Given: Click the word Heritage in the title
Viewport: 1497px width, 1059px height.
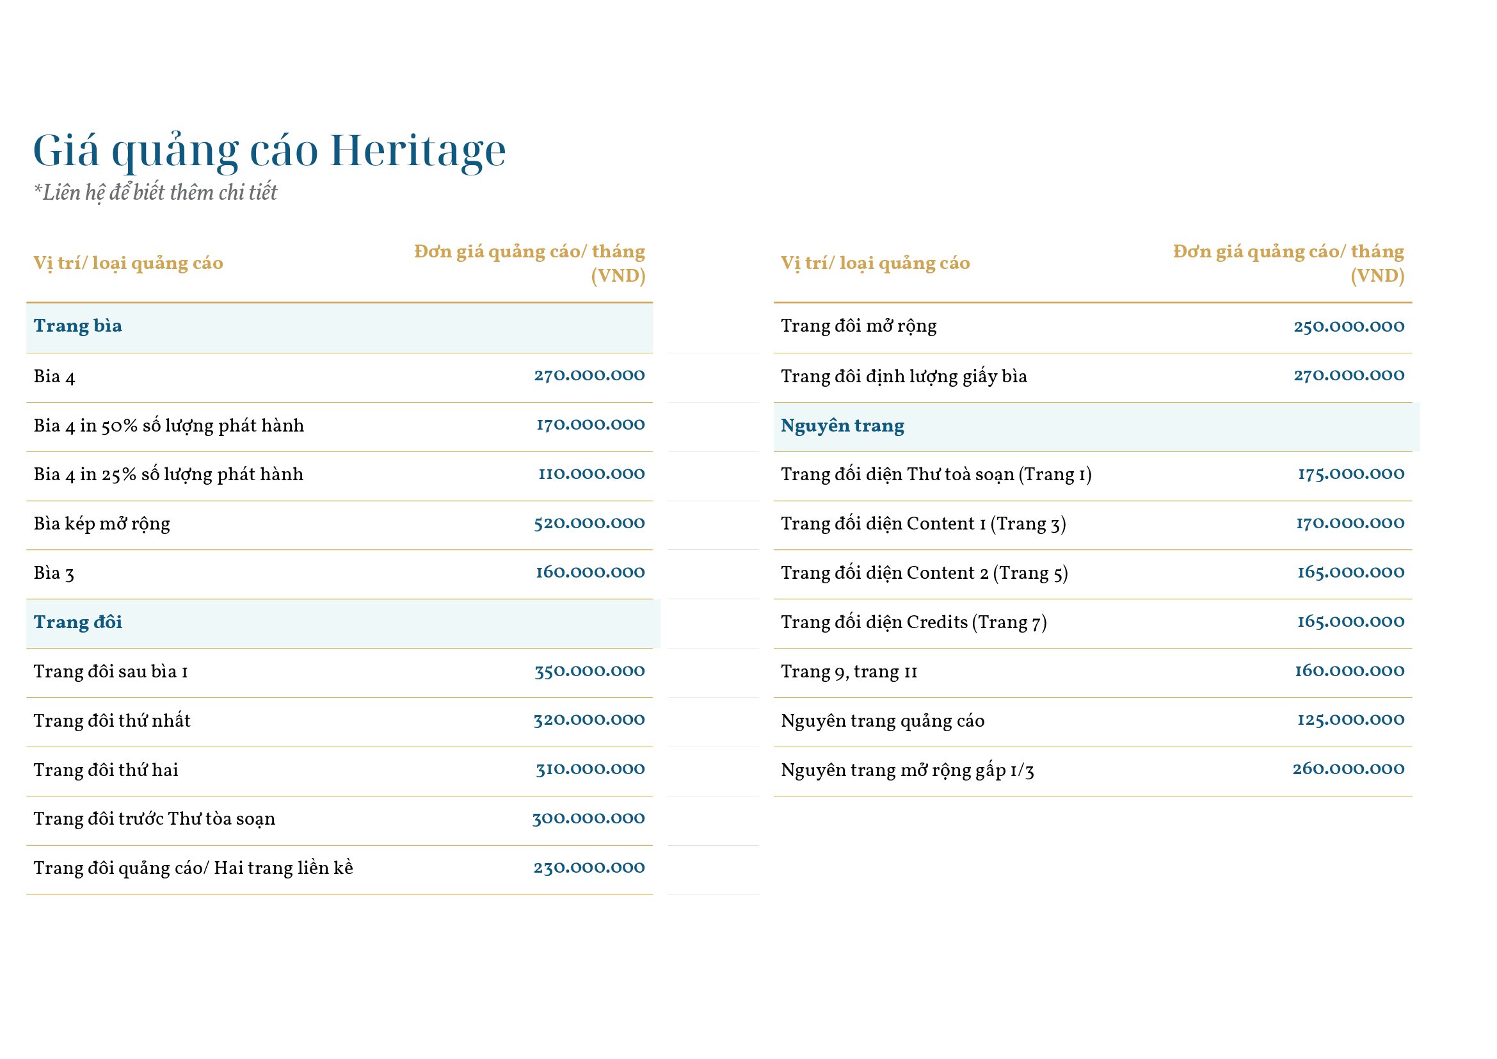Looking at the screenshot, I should (417, 151).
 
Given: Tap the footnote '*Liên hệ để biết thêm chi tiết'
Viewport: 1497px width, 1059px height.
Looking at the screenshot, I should (155, 193).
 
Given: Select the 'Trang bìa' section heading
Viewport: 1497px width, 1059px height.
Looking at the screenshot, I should (77, 326).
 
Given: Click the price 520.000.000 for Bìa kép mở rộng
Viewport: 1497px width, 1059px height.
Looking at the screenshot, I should (589, 524).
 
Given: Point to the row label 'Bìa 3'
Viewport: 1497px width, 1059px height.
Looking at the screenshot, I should (54, 573).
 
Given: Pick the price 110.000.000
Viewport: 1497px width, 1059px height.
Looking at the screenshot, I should (591, 474).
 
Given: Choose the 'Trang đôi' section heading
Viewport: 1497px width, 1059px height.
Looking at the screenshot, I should (77, 623).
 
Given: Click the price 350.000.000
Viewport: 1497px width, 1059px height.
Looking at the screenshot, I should (589, 672).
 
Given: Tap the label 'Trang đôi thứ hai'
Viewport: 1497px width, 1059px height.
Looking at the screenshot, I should (106, 770).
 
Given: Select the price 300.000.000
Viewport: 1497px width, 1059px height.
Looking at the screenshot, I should (588, 819).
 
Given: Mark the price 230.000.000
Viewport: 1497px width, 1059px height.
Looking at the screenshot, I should (589, 868).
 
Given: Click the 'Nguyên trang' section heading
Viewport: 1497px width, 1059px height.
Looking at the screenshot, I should (842, 426).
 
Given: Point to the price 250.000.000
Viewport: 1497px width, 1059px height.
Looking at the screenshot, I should (1349, 326).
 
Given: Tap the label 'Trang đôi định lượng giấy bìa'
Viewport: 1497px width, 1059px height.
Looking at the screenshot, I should (903, 377).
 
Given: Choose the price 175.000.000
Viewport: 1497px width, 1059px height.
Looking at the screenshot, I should (1350, 474).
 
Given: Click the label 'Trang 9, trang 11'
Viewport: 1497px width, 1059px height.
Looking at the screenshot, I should (848, 672).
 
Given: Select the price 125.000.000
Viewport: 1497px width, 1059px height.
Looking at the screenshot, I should (1350, 720).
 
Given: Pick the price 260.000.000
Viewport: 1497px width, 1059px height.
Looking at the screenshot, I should (1348, 770).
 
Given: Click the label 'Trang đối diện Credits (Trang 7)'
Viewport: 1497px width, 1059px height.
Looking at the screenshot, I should (913, 623).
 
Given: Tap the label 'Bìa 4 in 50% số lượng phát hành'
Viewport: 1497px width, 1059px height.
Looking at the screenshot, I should (168, 426).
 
